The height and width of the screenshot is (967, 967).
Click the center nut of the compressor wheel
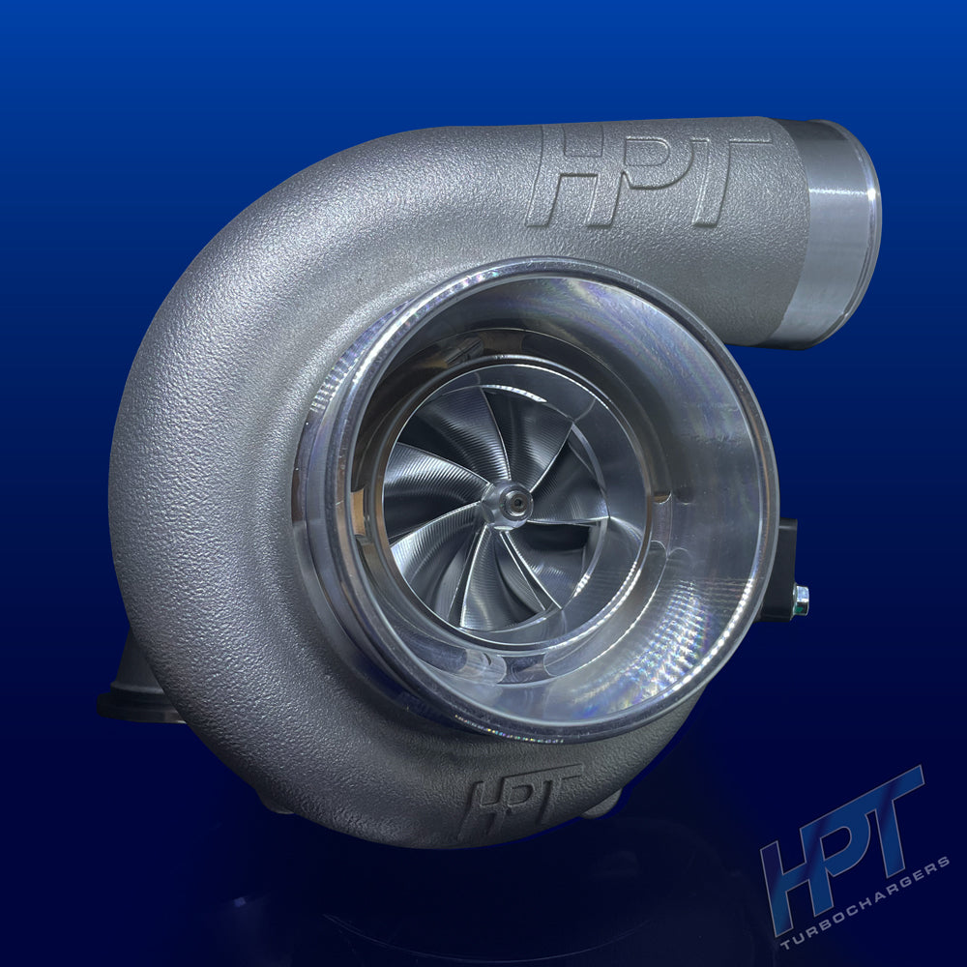coord(511,504)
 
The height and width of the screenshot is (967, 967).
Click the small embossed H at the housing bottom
coord(483,803)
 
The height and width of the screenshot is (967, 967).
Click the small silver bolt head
coord(800,600)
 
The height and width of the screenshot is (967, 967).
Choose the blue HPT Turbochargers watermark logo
coord(851,861)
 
